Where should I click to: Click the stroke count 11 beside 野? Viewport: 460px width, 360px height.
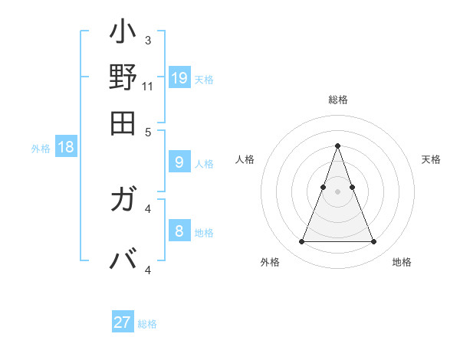click(147, 86)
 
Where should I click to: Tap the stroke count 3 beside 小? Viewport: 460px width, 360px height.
click(147, 40)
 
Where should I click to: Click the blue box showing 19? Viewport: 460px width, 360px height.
click(179, 77)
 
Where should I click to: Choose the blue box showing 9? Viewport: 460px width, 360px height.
click(179, 162)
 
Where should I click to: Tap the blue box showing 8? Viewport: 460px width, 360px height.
click(179, 231)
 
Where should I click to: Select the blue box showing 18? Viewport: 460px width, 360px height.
click(66, 147)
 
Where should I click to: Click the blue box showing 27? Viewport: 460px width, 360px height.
click(123, 322)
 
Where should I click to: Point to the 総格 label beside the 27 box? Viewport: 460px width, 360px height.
click(147, 324)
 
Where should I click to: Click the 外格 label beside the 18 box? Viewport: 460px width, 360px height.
click(41, 149)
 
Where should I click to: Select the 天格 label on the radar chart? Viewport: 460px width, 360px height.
click(431, 159)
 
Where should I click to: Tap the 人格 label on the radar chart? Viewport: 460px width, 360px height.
click(245, 159)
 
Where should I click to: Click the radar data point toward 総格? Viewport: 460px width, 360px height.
click(337, 146)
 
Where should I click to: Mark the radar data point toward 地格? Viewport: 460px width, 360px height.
click(373, 242)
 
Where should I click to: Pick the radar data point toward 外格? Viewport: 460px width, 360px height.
click(301, 242)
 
